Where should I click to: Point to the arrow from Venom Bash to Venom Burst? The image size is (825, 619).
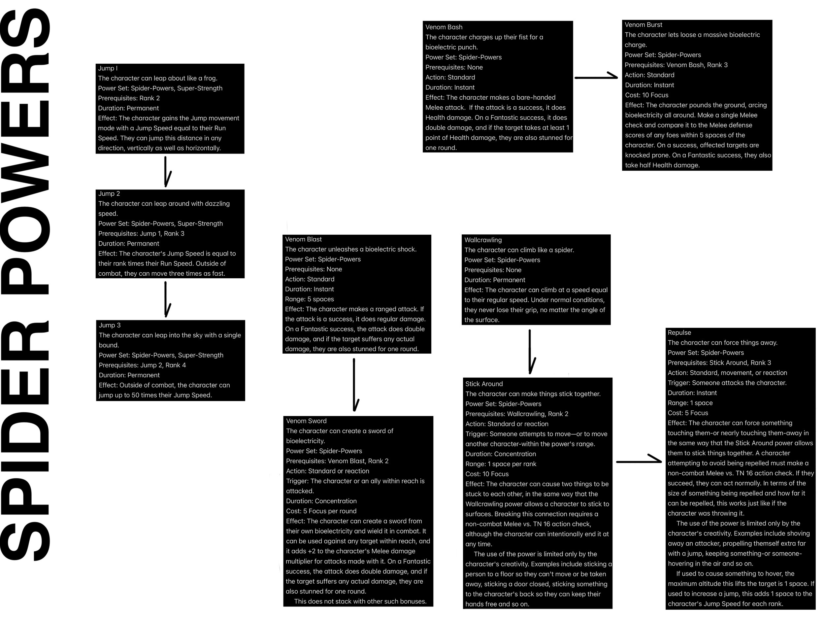coord(596,77)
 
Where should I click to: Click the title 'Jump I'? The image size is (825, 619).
coord(108,68)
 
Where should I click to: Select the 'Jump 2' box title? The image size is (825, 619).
coord(109,194)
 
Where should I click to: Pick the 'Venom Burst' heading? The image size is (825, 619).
coord(643,25)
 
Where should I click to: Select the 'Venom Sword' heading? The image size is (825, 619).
coord(306,421)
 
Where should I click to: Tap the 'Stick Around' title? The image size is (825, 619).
coord(484,384)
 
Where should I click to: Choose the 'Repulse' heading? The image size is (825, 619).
coord(679,333)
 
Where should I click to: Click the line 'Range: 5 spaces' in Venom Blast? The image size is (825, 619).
coord(310,299)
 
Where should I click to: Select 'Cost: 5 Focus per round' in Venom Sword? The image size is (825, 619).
coord(321,511)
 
